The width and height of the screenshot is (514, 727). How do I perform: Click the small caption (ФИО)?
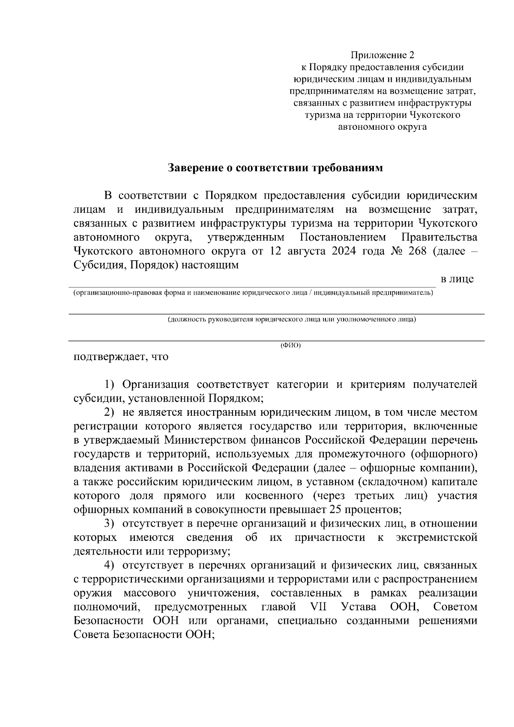click(290, 346)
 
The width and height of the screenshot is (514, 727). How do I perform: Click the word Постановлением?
click(343, 237)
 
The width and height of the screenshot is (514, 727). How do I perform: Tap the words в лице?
click(457, 280)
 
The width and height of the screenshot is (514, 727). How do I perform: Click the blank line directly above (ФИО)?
click(277, 341)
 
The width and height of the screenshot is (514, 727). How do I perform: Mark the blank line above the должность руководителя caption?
click(277, 314)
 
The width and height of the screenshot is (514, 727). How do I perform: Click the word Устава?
click(359, 607)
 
